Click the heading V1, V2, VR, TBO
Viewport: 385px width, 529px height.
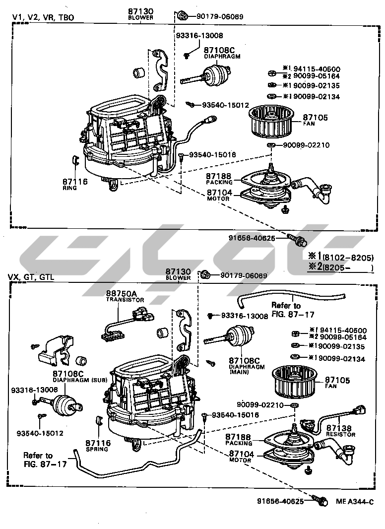tap(43, 17)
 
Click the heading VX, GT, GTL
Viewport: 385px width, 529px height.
tap(31, 277)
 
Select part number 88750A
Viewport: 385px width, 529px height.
tap(119, 293)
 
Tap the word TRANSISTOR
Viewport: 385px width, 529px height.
tap(125, 300)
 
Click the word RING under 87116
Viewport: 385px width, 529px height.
tap(69, 189)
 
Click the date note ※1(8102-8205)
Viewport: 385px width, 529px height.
tap(341, 257)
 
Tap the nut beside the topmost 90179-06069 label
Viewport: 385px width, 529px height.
tap(182, 16)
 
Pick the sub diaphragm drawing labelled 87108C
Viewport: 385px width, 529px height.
tap(64, 403)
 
